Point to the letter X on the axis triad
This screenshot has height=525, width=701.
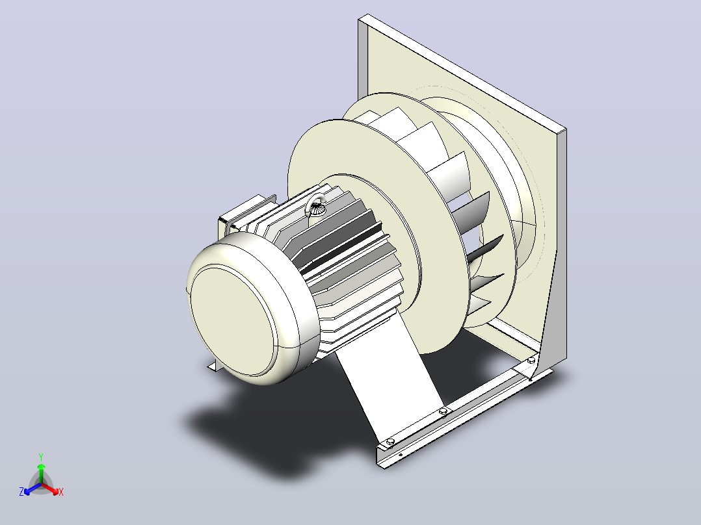[x=61, y=492]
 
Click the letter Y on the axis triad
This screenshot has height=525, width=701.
[x=41, y=457]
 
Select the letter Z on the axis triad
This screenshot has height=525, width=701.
[x=21, y=492]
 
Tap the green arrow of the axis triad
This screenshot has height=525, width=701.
[x=41, y=474]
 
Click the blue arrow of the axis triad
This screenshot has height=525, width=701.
[x=33, y=489]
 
